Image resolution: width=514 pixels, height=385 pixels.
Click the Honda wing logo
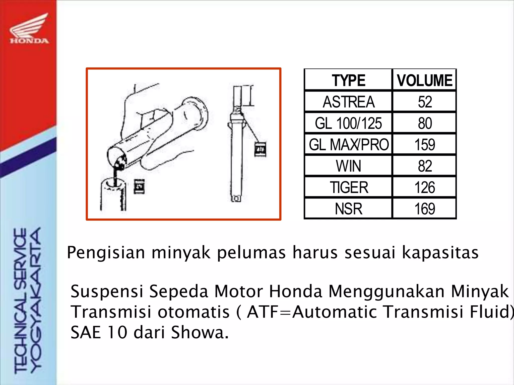coord(29,29)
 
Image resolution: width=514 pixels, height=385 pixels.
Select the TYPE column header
coord(348,80)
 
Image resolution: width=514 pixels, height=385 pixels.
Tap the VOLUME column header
coord(424,80)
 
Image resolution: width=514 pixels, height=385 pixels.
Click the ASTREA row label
coord(348,102)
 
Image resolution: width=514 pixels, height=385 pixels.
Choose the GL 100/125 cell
coord(348,123)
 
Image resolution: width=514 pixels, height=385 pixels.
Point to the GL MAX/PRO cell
coord(348,145)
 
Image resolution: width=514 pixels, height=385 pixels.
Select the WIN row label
coord(348,166)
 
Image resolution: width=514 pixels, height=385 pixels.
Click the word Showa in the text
coord(200,332)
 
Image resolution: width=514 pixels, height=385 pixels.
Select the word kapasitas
coord(440,253)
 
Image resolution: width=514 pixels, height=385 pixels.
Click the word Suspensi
coord(107,292)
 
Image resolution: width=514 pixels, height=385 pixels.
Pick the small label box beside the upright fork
coord(260,149)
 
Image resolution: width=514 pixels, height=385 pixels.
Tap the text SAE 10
coord(99,332)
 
